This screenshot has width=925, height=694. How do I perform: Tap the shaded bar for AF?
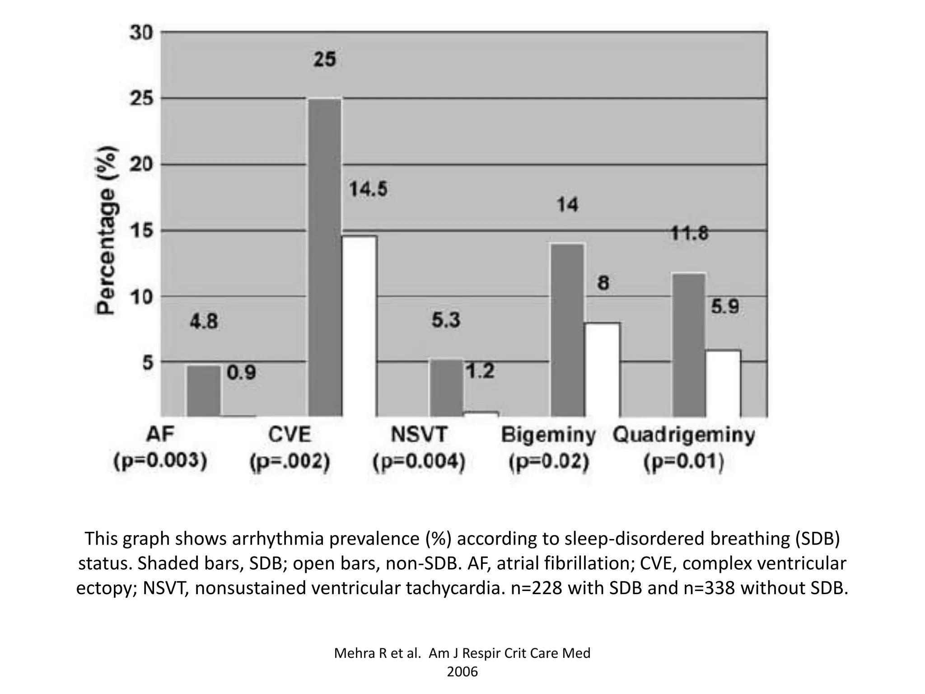coord(204,391)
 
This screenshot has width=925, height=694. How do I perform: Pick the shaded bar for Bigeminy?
coord(567,330)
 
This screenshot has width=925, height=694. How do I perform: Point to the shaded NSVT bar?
coord(446,388)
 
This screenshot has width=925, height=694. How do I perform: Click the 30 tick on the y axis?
coord(142,33)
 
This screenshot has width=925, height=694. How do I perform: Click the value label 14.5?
coord(368,189)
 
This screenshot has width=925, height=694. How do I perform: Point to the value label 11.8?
coord(689,234)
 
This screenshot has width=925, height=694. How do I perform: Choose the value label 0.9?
coord(241,373)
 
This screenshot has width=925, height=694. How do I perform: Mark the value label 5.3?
coord(446,320)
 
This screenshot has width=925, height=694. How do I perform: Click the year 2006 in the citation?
coord(462,672)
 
